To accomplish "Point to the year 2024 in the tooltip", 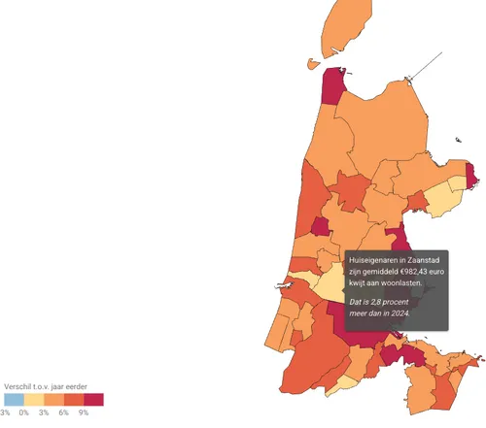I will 399,313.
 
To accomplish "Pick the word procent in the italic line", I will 395,302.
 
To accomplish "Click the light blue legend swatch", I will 14,400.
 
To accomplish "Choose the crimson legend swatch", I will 93,400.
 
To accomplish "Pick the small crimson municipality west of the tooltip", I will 320,227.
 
